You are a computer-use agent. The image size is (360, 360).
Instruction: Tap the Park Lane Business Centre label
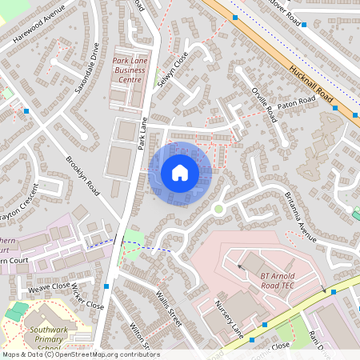click(x=127, y=70)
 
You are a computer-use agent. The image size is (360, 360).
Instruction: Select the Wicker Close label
click(x=87, y=296)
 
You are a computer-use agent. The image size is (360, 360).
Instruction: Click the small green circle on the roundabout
click(x=218, y=210)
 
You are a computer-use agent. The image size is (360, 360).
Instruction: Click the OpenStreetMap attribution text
click(x=80, y=354)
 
